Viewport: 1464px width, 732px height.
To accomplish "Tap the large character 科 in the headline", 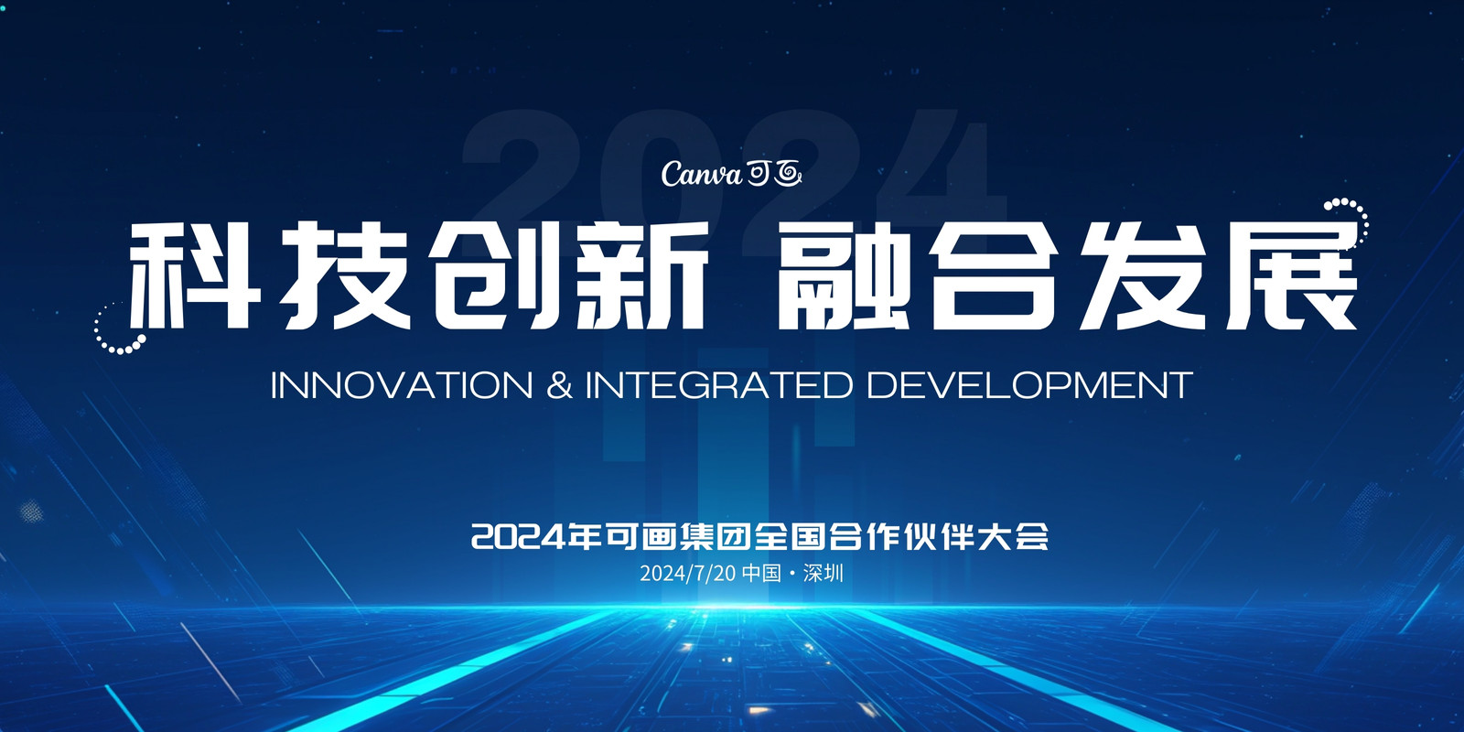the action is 194,275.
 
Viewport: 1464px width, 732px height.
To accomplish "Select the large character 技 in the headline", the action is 347,275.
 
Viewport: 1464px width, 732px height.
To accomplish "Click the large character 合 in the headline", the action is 995,275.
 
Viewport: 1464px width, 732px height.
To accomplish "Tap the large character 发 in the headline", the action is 1144,275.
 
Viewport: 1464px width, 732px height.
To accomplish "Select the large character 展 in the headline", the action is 1291,275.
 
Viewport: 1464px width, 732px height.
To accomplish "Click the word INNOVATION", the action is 402,385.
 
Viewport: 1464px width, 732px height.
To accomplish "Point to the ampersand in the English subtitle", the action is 559,385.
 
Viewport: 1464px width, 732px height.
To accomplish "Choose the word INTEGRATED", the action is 719,385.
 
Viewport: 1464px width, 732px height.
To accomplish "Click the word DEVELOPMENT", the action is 1029,385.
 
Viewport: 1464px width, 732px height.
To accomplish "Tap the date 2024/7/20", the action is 687,573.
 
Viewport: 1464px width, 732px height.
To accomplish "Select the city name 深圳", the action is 823,573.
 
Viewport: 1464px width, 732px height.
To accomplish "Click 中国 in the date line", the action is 762,573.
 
